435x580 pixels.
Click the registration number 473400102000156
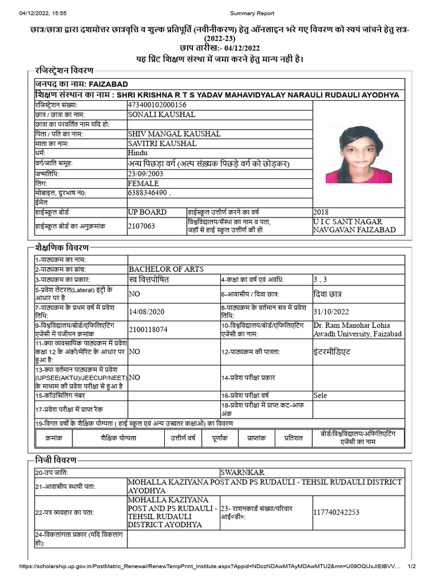tap(157, 105)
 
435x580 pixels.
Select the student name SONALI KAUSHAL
tap(161, 114)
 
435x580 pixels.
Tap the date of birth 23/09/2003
tap(146, 173)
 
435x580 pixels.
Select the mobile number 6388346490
tap(149, 193)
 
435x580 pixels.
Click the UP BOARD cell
tap(147, 212)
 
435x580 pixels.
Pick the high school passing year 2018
tap(321, 212)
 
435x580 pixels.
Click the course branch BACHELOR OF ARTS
tap(166, 269)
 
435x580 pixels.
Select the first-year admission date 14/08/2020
tap(146, 312)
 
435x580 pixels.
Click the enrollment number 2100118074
tap(148, 329)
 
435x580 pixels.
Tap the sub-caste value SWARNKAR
tap(242, 472)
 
